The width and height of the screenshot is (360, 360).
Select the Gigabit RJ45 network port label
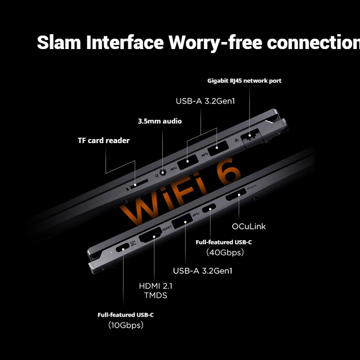point(244,81)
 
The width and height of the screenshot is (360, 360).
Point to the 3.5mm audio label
point(160,121)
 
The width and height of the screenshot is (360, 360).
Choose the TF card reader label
point(103,140)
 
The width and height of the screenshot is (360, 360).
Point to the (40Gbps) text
point(225,252)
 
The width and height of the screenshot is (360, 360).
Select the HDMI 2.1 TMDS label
point(155,290)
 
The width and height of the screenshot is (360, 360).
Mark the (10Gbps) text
point(126,325)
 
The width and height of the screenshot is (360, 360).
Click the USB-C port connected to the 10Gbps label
point(123,249)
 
